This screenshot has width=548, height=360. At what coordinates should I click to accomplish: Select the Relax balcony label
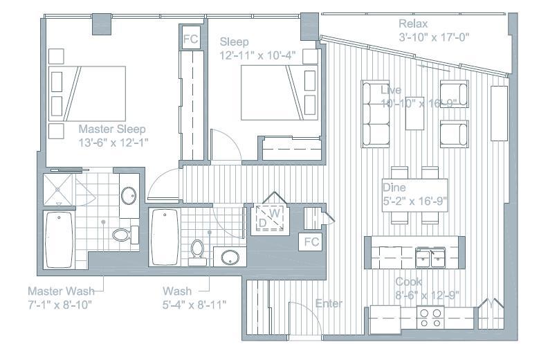[412, 24]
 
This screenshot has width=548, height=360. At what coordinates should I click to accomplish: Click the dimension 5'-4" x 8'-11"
[194, 303]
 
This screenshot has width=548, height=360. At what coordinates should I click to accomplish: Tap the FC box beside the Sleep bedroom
[190, 39]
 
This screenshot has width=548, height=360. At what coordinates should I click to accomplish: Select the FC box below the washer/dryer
[311, 242]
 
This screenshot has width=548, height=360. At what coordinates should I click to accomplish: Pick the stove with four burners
[431, 318]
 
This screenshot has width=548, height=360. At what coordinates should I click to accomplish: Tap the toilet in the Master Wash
[122, 234]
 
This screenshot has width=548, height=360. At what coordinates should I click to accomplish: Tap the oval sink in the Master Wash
[129, 195]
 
